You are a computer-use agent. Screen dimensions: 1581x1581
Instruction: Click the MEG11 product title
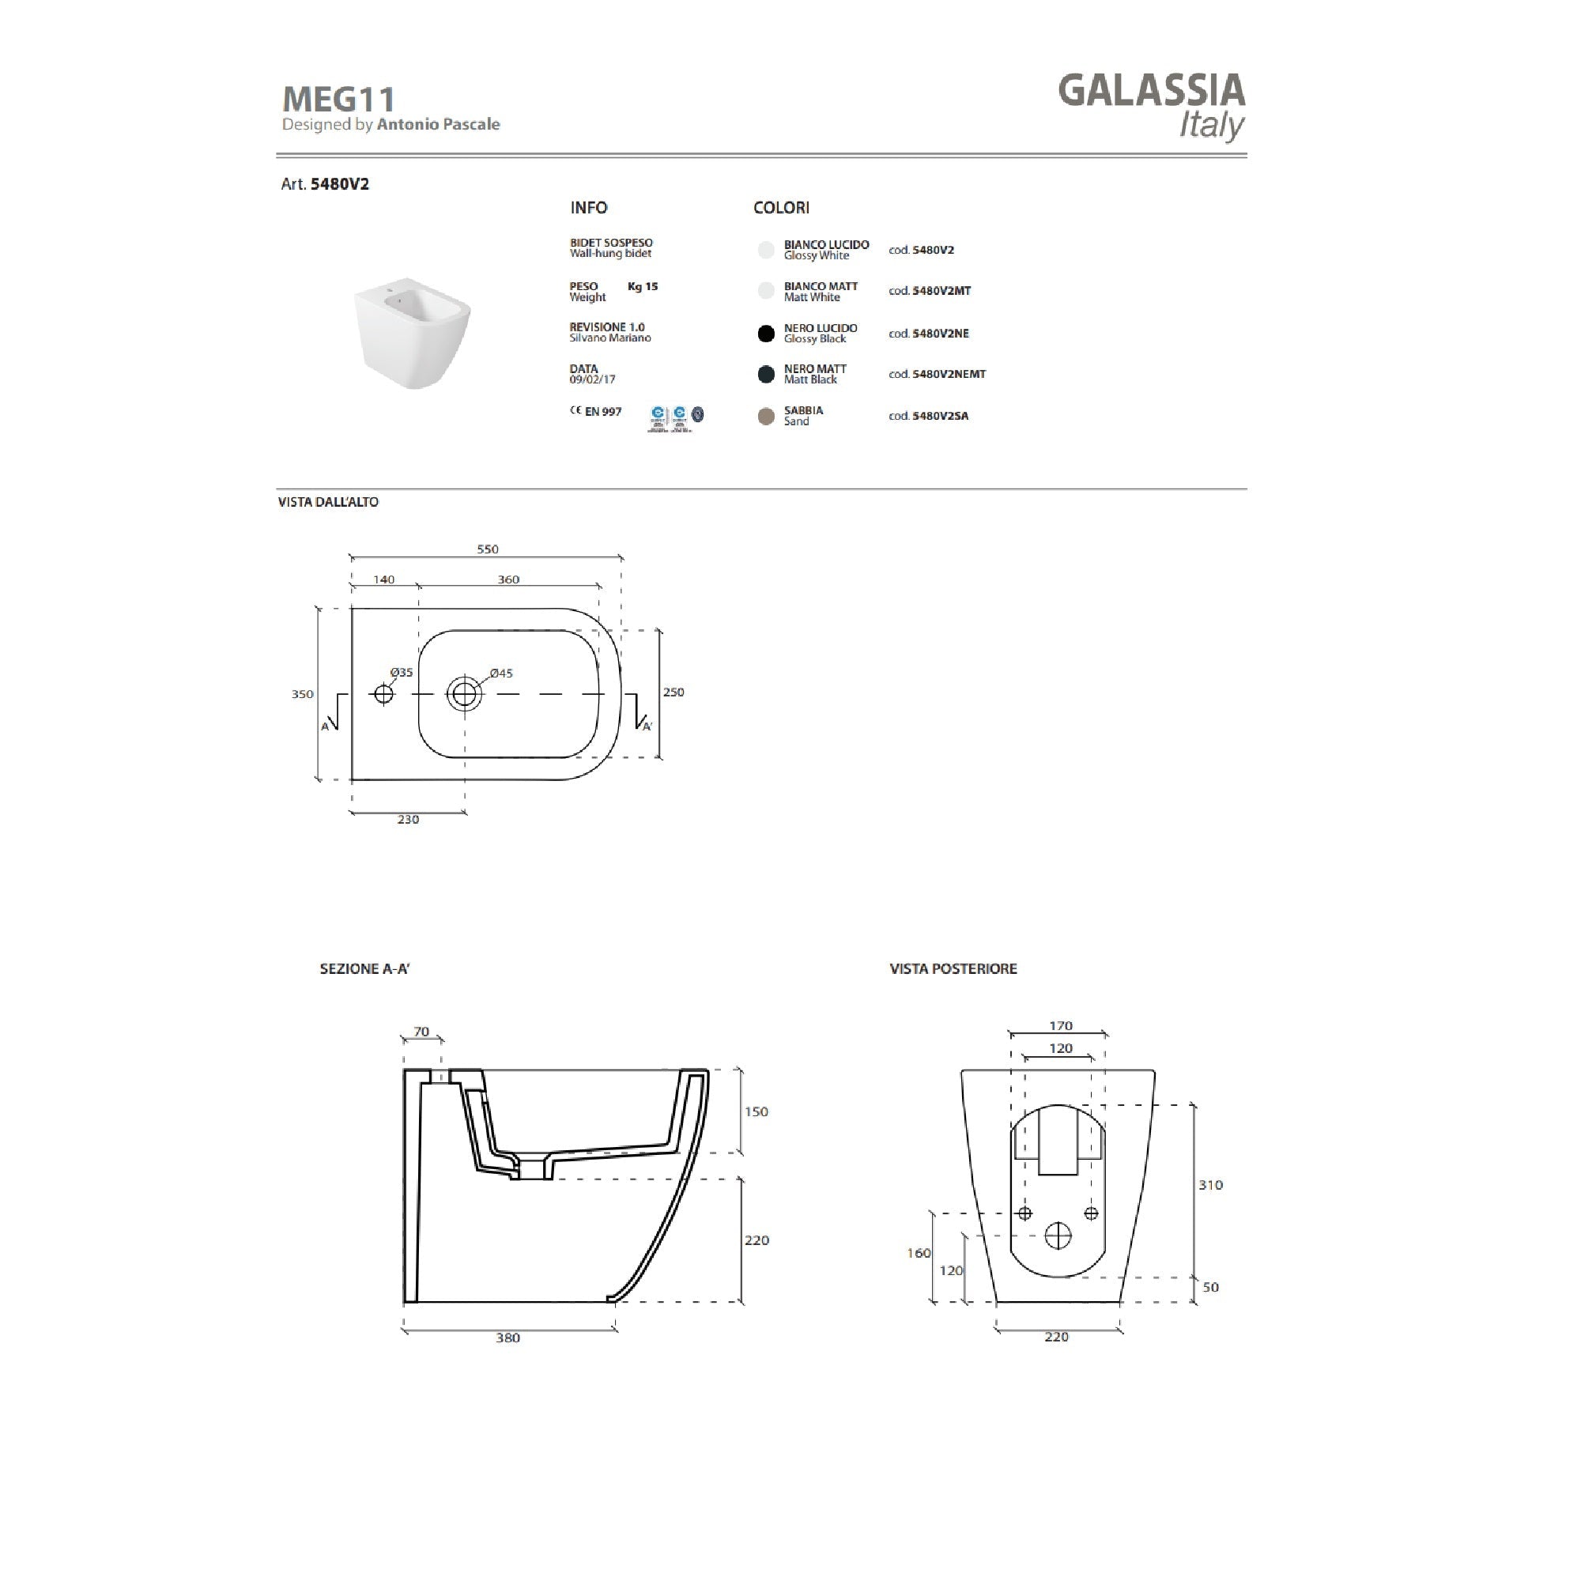click(x=339, y=100)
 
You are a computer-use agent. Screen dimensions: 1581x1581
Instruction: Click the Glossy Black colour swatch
click(x=766, y=333)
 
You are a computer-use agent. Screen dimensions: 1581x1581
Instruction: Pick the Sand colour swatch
click(x=766, y=417)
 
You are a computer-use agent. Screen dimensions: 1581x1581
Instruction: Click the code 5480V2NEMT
click(x=949, y=374)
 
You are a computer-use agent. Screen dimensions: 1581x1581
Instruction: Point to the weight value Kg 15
click(x=643, y=286)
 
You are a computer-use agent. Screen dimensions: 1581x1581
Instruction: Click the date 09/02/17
click(x=592, y=379)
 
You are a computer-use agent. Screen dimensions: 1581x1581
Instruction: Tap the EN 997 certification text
click(x=602, y=412)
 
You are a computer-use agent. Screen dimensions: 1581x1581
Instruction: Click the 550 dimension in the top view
click(x=488, y=549)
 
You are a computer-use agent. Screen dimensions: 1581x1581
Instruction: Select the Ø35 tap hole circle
click(x=383, y=694)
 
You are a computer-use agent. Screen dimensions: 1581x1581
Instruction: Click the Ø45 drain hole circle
click(x=464, y=694)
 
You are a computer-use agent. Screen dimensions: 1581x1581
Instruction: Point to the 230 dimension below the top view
click(x=408, y=819)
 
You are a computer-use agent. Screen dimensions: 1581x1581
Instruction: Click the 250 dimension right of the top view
click(x=674, y=692)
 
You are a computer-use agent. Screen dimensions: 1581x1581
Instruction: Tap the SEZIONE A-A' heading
click(x=364, y=969)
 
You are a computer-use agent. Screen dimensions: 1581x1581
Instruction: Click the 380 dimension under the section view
click(x=508, y=1338)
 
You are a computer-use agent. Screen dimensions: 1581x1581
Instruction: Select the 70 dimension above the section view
click(x=421, y=1032)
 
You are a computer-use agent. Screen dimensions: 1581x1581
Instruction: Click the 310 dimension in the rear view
click(x=1210, y=1185)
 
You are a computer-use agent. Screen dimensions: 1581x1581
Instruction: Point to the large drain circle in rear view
click(x=1058, y=1236)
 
